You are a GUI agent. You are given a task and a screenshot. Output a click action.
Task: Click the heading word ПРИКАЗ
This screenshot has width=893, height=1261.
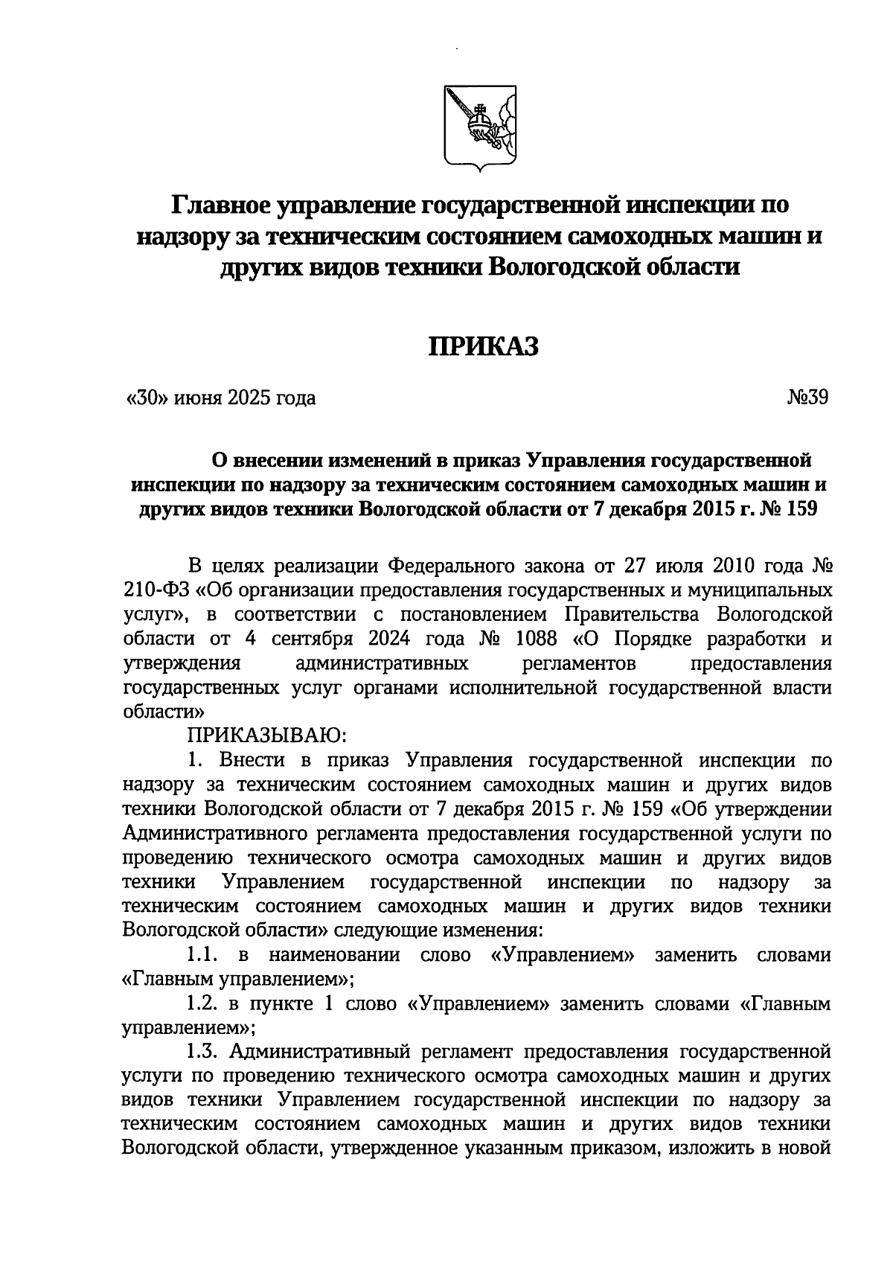pyautogui.click(x=481, y=346)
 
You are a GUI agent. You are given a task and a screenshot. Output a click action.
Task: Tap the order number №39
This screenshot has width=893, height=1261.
pyautogui.click(x=807, y=398)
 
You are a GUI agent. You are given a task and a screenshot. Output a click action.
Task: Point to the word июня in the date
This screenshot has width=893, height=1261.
pyautogui.click(x=199, y=398)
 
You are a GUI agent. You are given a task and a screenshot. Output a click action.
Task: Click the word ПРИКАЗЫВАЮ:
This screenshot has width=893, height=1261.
pyautogui.click(x=266, y=735)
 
